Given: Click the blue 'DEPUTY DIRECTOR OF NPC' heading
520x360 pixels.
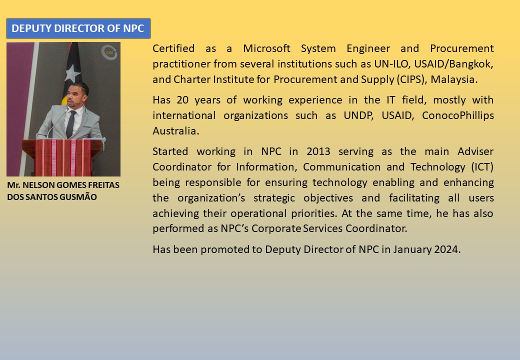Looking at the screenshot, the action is [78, 28].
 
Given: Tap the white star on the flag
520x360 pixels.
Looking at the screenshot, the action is [72, 73].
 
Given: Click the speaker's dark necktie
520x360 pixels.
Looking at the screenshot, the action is [71, 124].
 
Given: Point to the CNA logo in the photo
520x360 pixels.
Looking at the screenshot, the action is [109, 52].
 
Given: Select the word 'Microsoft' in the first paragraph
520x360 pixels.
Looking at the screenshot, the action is [266, 48].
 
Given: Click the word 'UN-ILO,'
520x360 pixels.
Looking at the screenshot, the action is [392, 64].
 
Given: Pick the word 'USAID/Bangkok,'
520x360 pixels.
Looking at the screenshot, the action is [453, 64].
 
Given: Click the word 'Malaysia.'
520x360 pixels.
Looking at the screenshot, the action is [454, 79].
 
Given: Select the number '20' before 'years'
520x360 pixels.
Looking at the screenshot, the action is [182, 100].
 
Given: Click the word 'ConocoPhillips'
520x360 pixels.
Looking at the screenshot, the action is [457, 115].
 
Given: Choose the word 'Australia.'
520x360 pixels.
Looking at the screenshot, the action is [176, 131].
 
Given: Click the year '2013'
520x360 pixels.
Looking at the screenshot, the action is [318, 151].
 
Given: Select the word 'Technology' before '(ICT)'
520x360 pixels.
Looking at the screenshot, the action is [438, 167].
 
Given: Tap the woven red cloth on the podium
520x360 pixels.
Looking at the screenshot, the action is [62, 157].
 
